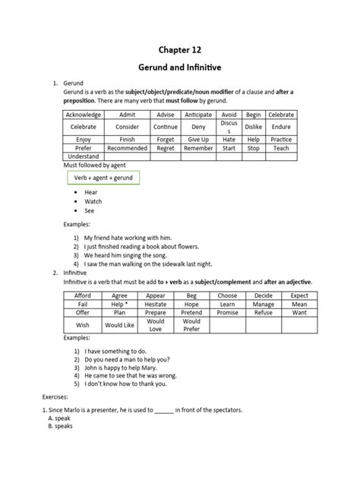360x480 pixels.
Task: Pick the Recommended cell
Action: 127,148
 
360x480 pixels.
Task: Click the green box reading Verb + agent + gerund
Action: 103,177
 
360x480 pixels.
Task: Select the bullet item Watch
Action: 93,201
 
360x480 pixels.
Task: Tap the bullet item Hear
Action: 91,193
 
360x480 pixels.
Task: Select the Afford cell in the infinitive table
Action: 84,295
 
